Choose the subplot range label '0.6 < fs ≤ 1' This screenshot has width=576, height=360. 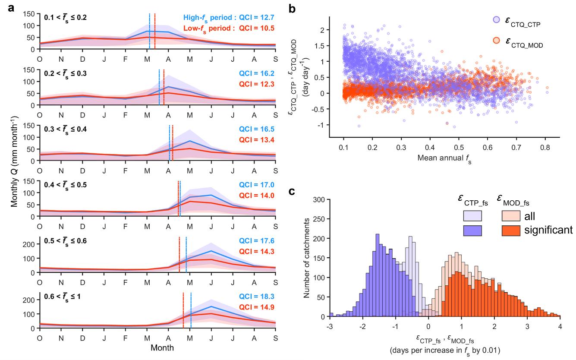63,297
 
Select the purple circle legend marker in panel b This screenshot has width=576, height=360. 496,20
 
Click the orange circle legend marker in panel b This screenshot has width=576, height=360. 496,41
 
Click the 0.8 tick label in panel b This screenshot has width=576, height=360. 545,147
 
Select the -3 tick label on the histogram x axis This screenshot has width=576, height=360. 330,326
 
